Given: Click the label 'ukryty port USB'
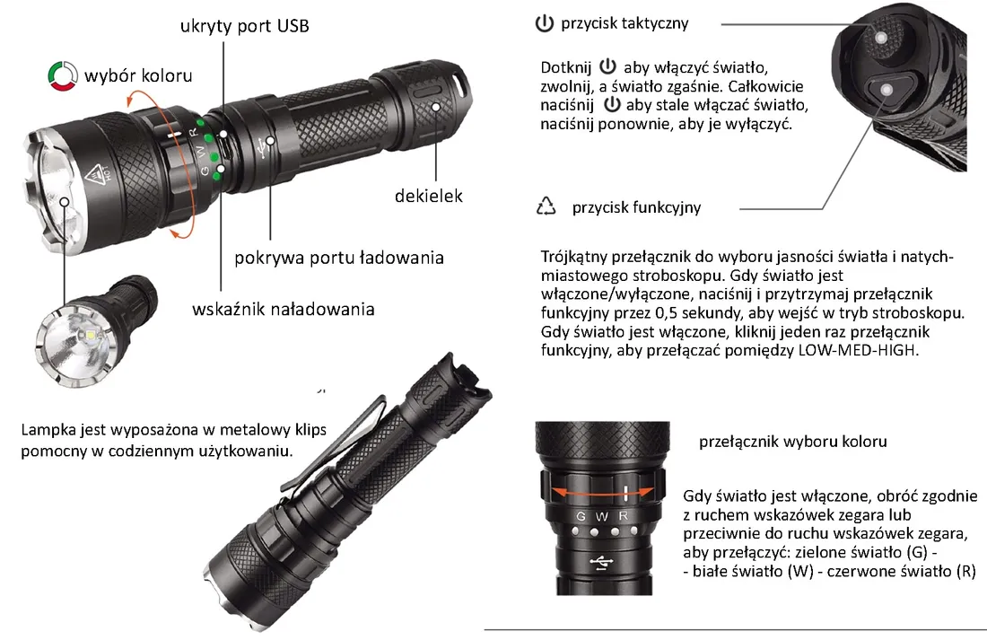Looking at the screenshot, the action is tap(244, 26).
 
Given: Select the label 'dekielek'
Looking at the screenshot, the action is tap(428, 196).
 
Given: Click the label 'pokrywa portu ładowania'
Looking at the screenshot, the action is tap(339, 258).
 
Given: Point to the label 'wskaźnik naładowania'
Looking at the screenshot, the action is tap(284, 310).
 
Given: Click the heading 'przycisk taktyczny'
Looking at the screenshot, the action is tap(625, 23).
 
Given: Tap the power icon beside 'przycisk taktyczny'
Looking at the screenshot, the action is tap(544, 23).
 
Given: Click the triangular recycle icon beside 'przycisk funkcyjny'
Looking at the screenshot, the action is tap(546, 206).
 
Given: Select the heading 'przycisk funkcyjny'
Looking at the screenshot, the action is tap(636, 207).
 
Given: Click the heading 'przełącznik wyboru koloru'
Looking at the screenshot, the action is tap(792, 442).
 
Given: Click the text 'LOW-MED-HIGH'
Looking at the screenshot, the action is tap(858, 350).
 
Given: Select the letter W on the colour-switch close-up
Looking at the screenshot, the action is tap(602, 516).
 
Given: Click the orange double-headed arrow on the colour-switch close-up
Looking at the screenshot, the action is tap(601, 493).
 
